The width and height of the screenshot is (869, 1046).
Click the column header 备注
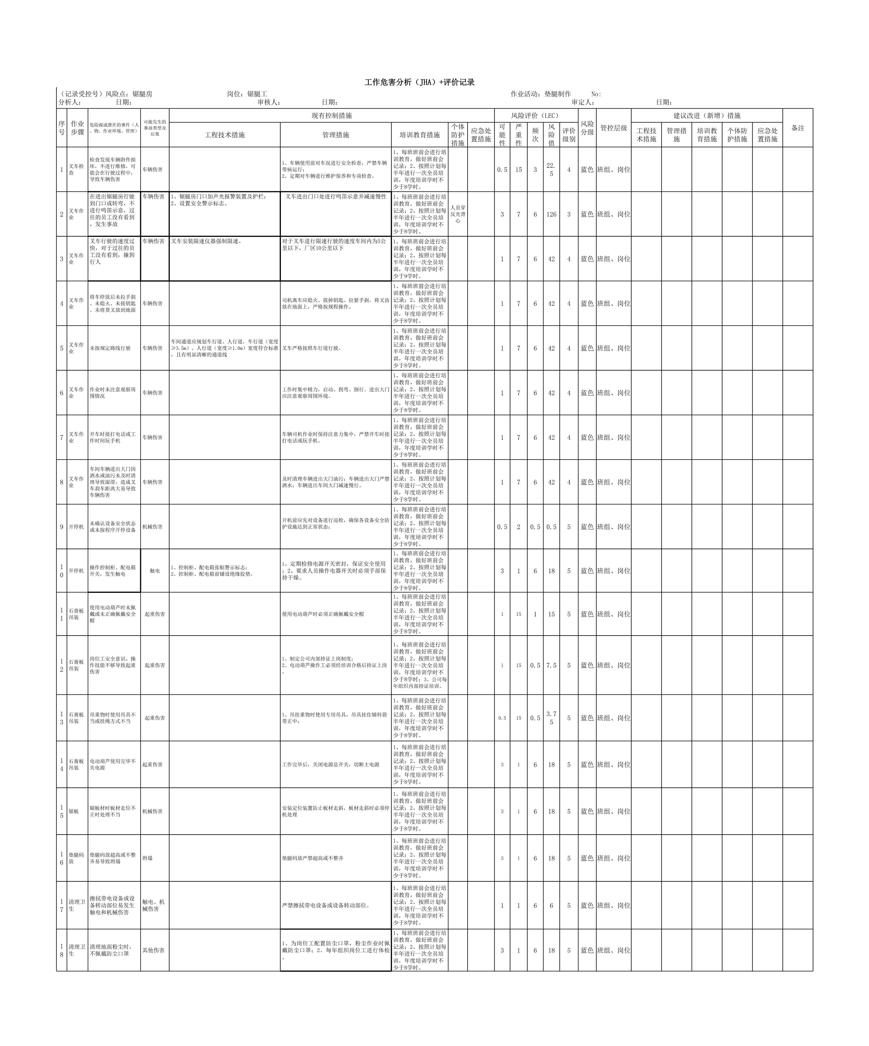coord(798,128)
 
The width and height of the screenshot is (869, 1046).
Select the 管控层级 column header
coord(613,128)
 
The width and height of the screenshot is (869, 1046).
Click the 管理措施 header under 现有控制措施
coord(335,135)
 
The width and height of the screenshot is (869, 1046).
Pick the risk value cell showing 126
coord(551,214)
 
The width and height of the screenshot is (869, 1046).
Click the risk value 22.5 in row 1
coord(551,169)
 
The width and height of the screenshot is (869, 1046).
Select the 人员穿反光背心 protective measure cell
coord(458,214)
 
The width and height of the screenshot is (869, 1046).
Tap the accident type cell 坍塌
coord(148,858)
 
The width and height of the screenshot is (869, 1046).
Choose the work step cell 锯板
coord(74,811)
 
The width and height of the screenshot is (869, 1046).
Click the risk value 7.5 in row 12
coord(551,665)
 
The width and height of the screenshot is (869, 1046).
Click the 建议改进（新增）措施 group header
coord(707,116)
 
